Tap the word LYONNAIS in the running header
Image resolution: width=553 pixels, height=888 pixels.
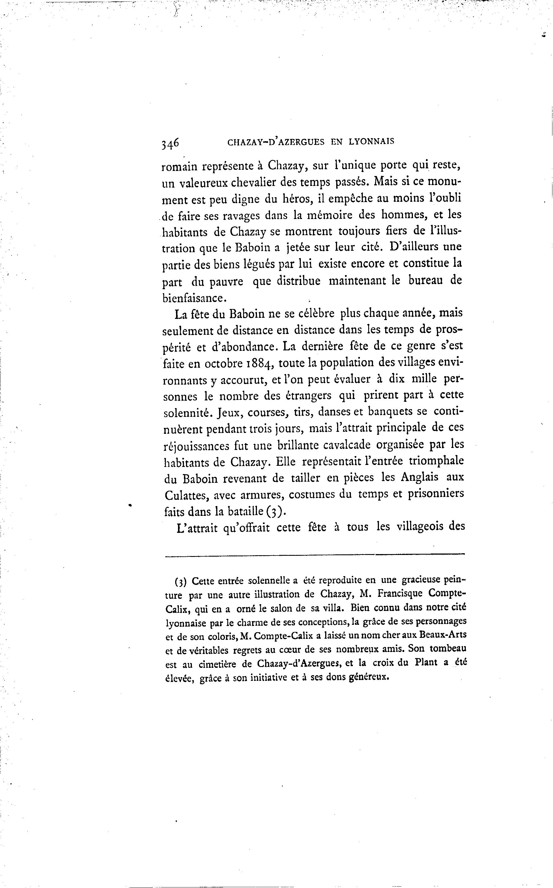pyautogui.click(x=371, y=141)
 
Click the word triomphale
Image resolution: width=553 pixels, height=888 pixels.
pyautogui.click(x=436, y=460)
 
